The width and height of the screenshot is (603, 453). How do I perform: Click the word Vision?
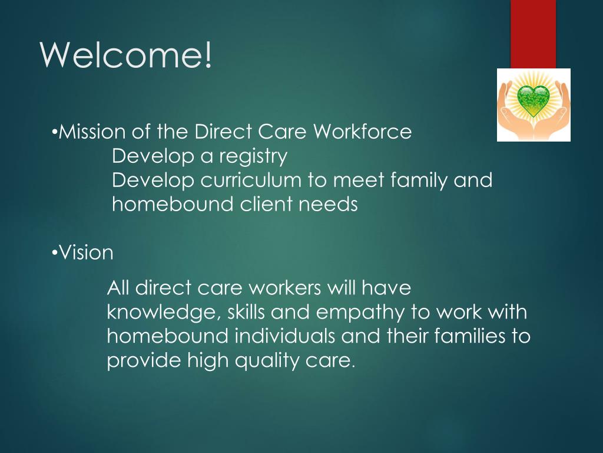click(86, 253)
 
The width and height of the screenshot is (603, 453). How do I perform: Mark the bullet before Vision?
click(54, 253)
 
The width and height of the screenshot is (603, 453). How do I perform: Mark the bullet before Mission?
click(54, 132)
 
